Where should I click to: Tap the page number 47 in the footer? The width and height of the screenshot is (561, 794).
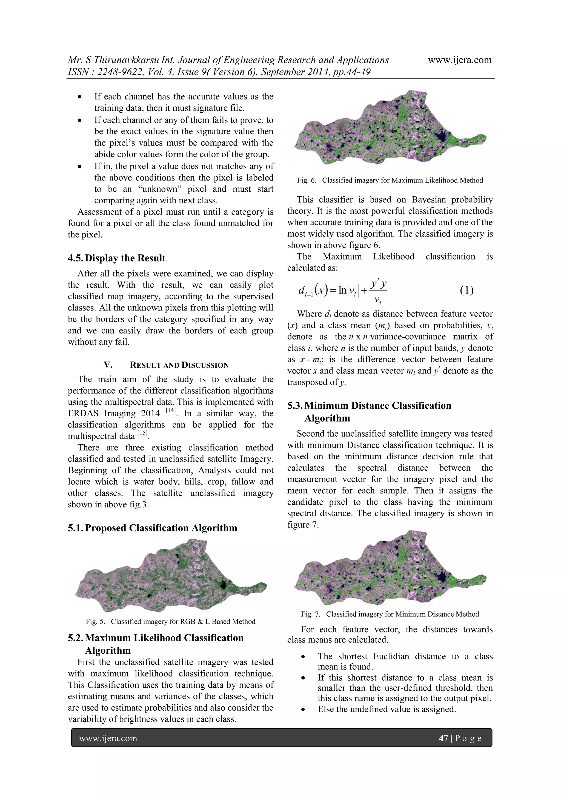tap(443, 738)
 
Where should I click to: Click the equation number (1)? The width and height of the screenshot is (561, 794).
tap(467, 290)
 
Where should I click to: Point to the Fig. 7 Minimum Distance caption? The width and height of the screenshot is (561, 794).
tap(390, 614)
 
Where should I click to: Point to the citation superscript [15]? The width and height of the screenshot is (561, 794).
tap(142, 433)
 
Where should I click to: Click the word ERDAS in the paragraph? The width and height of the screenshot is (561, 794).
tap(83, 413)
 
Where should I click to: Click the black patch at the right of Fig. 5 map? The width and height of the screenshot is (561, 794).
tap(223, 585)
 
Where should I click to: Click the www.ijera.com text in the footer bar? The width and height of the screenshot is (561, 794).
tap(108, 738)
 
